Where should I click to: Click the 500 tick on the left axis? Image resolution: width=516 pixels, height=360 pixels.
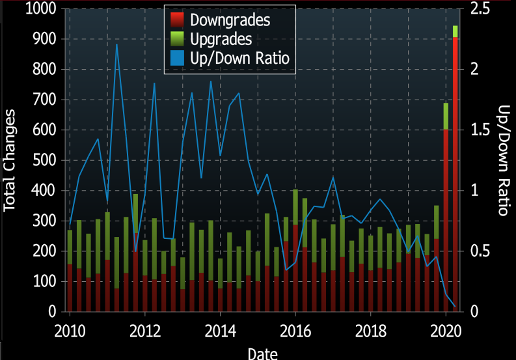[x=45, y=160]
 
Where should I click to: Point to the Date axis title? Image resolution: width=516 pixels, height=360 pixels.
[x=263, y=353]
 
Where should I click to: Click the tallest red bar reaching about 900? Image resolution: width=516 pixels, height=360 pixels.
[x=455, y=176]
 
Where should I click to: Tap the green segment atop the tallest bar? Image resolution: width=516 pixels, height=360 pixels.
[x=455, y=31]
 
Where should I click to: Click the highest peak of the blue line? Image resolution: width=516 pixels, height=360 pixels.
[x=116, y=44]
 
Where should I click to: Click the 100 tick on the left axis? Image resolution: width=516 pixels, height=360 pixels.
[x=45, y=281]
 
